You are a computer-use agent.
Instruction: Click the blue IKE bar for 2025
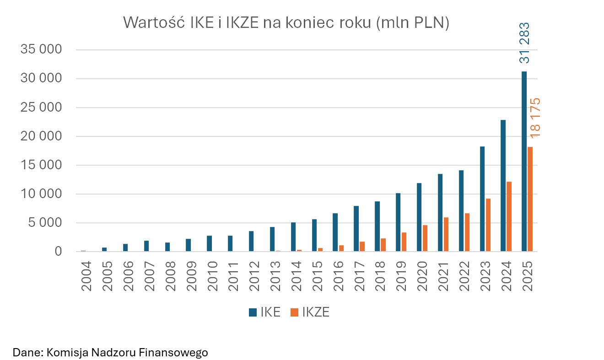pyautogui.click(x=524, y=161)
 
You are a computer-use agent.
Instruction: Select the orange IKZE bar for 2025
pyautogui.click(x=530, y=199)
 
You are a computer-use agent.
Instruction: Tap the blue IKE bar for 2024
pyautogui.click(x=503, y=186)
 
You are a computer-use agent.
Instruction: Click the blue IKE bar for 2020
pyautogui.click(x=419, y=217)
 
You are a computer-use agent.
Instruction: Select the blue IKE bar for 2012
pyautogui.click(x=251, y=241)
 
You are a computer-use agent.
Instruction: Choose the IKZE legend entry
pyautogui.click(x=310, y=312)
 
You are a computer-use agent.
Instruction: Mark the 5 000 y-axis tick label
pyautogui.click(x=45, y=223)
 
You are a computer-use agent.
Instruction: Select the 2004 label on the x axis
pyautogui.click(x=86, y=276)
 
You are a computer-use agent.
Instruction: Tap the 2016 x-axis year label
pyautogui.click(x=338, y=276)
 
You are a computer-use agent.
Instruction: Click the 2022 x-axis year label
pyautogui.click(x=464, y=276)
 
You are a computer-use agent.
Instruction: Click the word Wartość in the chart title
pyautogui.click(x=153, y=23)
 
